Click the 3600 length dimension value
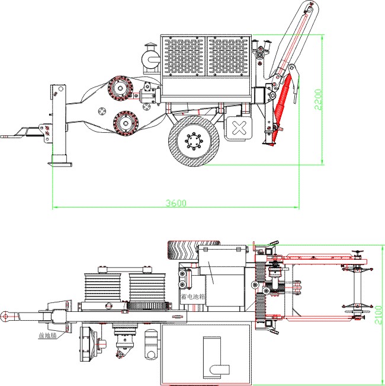pyautogui.click(x=176, y=203)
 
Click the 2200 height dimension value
pyautogui.click(x=318, y=99)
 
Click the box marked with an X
pyautogui.click(x=239, y=128)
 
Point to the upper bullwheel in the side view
pyautogui.click(x=123, y=89)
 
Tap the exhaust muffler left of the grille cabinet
pyautogui.click(x=150, y=59)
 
